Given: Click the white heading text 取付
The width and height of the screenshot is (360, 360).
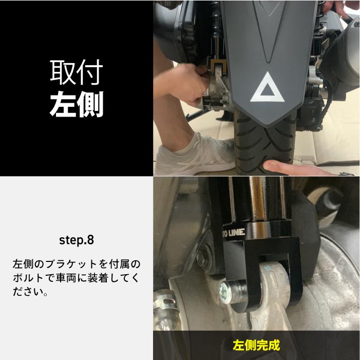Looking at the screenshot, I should pyautogui.click(x=77, y=72).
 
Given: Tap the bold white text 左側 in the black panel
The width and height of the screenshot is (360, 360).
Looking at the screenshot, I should pyautogui.click(x=77, y=104).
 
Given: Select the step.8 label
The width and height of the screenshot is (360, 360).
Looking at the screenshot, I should pyautogui.click(x=77, y=240).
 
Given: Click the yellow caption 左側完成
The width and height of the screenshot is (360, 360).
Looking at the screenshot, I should pyautogui.click(x=256, y=345).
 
